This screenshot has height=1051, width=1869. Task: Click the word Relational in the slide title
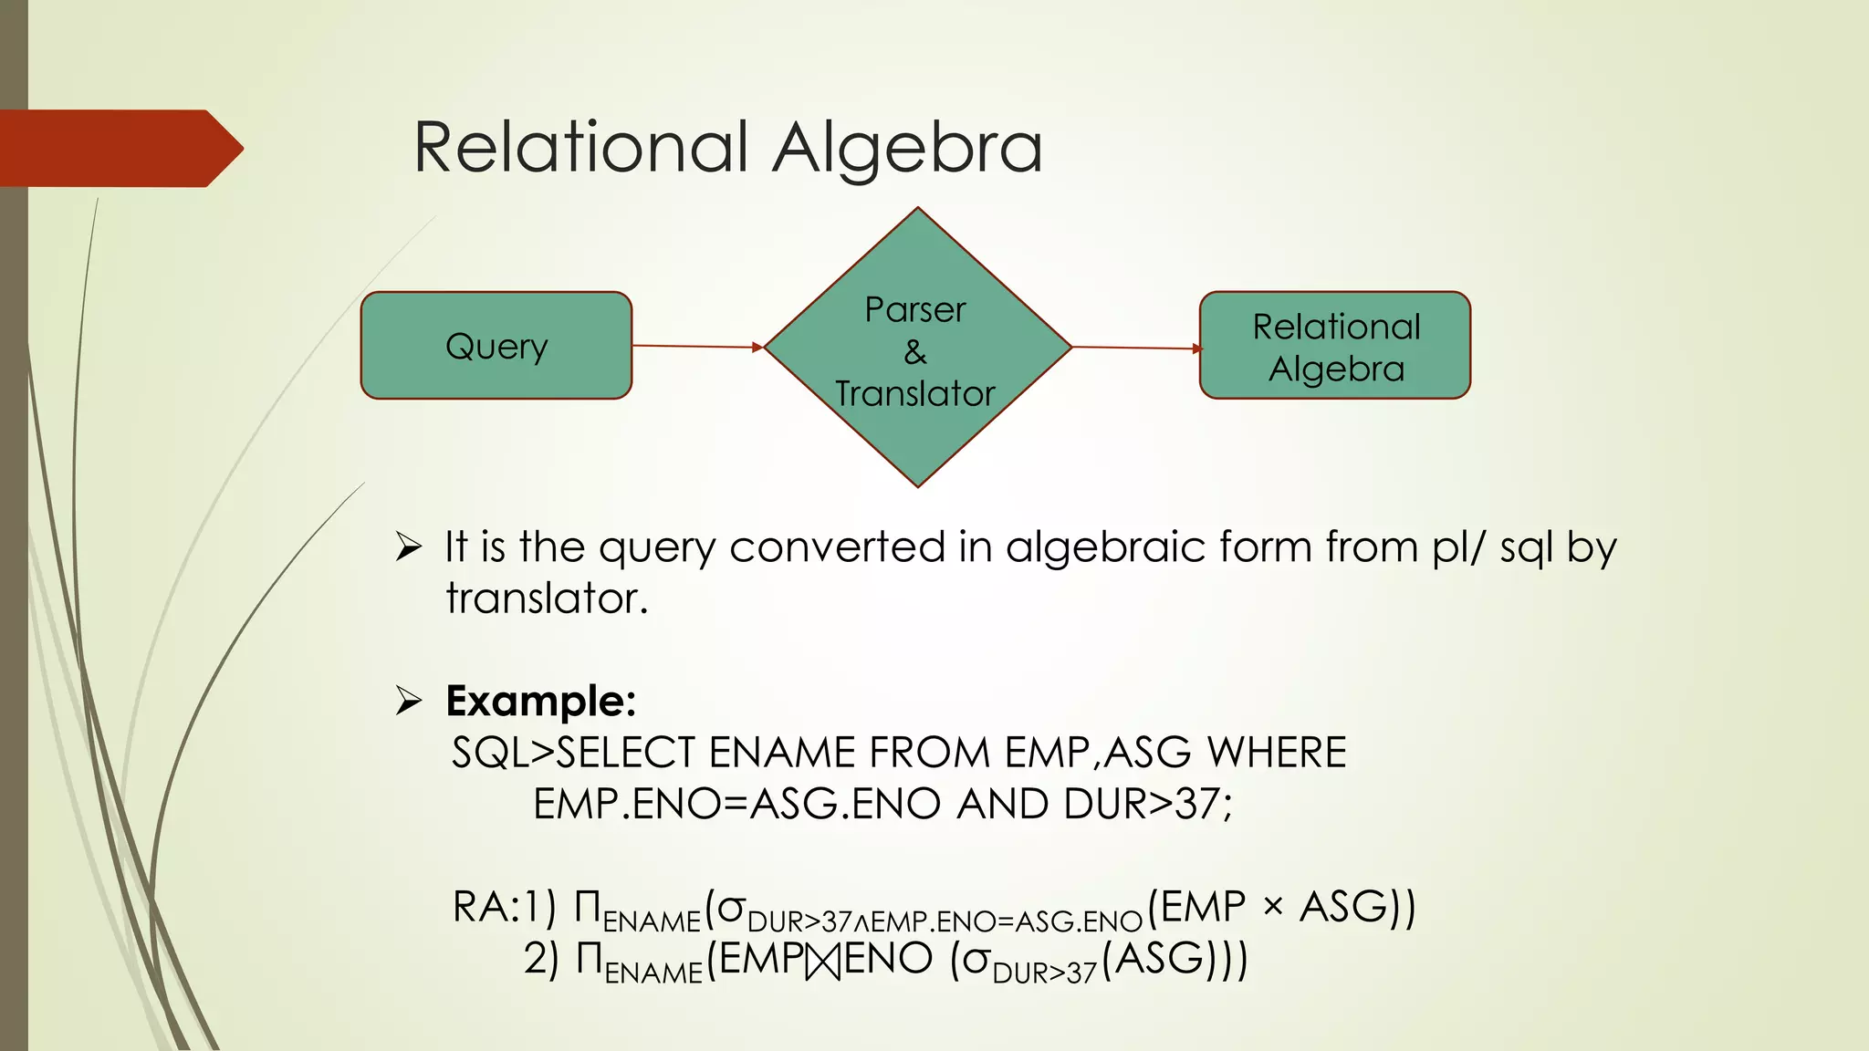pos(580,148)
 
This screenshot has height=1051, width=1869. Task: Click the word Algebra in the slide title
pos(907,148)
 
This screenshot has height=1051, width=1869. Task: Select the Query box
pos(496,346)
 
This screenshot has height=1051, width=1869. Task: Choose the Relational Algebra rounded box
pos(1334,346)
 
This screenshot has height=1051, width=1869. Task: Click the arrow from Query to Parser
pos(697,347)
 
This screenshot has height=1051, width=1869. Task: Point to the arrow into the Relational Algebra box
pos(1136,348)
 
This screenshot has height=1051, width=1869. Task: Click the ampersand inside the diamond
pos(915,352)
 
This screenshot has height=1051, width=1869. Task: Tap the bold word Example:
pos(540,701)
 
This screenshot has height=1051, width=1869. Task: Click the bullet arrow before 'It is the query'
pos(408,547)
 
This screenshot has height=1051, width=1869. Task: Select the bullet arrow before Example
pos(408,701)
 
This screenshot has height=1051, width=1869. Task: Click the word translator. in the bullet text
pos(547,598)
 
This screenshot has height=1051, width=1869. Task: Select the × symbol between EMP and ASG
pos(1273,907)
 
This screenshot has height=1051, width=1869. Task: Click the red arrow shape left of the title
pos(119,149)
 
